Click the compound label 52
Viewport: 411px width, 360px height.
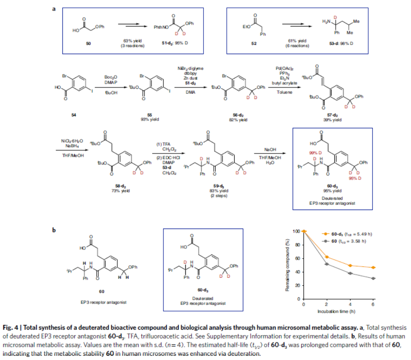coord(254,44)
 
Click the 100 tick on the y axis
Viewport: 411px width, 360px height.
coord(298,231)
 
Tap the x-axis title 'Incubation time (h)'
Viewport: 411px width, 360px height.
coord(339,311)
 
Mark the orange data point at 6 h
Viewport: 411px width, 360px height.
coord(374,268)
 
